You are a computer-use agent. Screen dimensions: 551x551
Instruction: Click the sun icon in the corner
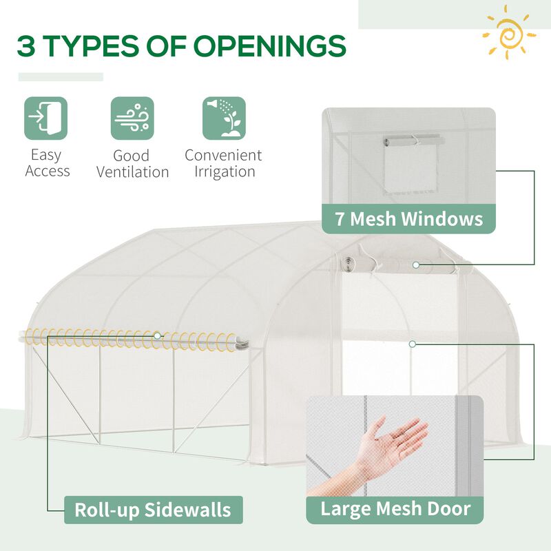coord(510,32)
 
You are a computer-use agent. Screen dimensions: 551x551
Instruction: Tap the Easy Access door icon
coord(46,118)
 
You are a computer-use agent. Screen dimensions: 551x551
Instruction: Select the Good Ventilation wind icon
coord(132,118)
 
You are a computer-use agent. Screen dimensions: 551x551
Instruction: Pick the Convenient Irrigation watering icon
coord(224,118)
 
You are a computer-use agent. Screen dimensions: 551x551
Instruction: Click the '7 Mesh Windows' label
coord(408,220)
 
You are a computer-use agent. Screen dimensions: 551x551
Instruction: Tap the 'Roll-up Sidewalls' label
coord(152,510)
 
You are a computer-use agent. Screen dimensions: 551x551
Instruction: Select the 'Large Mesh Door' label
coord(395,510)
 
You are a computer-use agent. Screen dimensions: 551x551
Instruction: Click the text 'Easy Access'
coord(47,163)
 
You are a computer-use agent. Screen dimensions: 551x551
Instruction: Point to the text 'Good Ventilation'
coord(132,164)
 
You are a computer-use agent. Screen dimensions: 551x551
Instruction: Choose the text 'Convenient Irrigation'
coord(223,163)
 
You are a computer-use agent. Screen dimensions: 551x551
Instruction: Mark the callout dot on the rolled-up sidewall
coord(158,335)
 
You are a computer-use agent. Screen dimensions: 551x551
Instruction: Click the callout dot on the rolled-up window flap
coord(416,264)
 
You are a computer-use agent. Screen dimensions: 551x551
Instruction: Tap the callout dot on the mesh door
coord(412,343)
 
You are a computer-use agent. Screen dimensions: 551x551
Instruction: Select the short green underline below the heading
coord(61,77)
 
